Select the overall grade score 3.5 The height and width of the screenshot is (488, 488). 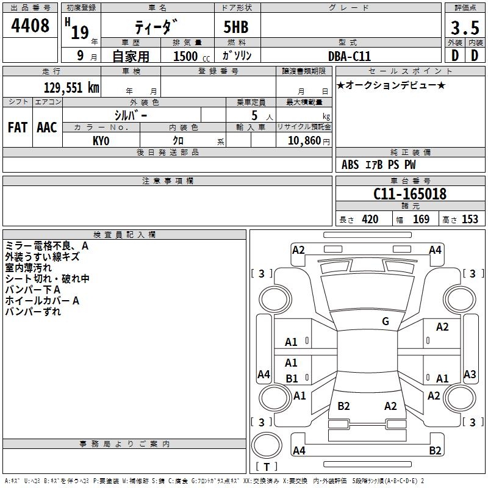point(465,28)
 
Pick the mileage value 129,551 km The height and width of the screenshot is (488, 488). point(71,88)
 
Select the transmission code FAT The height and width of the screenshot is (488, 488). point(17,127)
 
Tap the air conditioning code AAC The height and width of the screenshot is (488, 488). point(47,127)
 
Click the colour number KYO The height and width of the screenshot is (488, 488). point(101,140)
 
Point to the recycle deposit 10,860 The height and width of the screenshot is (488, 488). point(303,141)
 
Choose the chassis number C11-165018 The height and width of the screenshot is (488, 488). point(410,195)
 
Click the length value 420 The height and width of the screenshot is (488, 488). point(370,220)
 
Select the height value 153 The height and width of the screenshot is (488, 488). point(470,220)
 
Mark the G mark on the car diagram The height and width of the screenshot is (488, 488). point(386,321)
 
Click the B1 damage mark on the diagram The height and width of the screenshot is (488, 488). point(292,379)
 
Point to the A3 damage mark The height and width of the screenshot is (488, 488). point(470,374)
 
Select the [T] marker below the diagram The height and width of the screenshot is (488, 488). point(266,467)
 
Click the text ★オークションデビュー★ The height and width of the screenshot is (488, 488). point(391,85)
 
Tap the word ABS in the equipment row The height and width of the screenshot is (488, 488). point(350,165)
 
